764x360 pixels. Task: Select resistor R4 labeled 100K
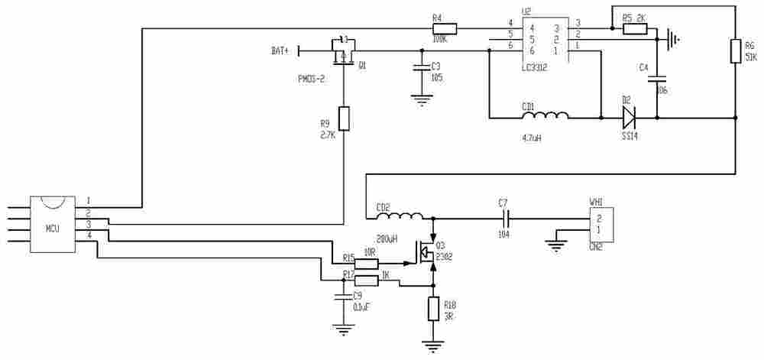pyautogui.click(x=444, y=29)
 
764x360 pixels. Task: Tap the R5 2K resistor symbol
pyautogui.click(x=635, y=29)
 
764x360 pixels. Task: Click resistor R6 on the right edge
pyautogui.click(x=735, y=52)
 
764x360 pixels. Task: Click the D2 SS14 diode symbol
pyautogui.click(x=628, y=118)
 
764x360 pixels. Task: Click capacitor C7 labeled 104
pyautogui.click(x=504, y=218)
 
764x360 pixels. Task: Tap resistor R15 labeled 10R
pyautogui.click(x=367, y=264)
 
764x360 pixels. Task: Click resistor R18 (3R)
pyautogui.click(x=433, y=310)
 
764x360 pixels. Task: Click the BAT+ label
pyautogui.click(x=280, y=51)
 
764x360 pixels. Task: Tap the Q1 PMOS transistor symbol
pyautogui.click(x=343, y=53)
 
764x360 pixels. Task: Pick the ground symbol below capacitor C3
pyautogui.click(x=419, y=97)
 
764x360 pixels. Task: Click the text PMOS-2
pyautogui.click(x=312, y=78)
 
